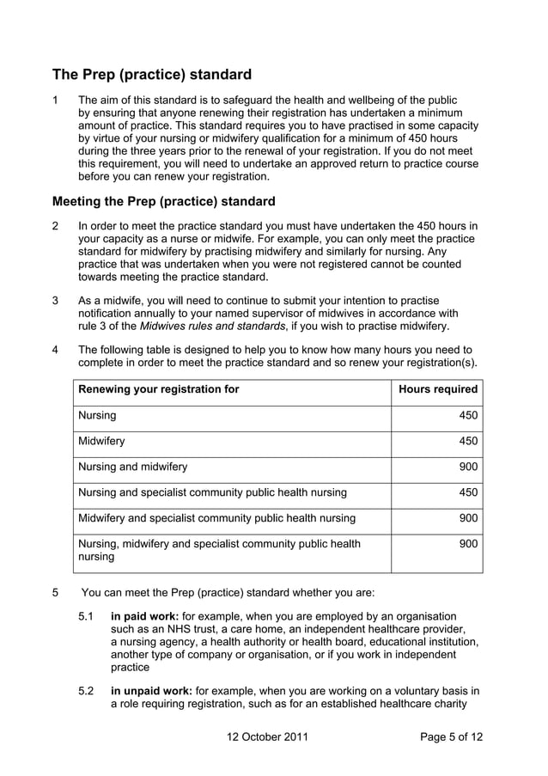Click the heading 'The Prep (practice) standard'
point(152,74)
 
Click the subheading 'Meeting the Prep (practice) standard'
point(164,202)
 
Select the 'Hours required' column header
point(438,389)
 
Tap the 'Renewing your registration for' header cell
point(159,389)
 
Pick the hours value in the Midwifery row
point(467,441)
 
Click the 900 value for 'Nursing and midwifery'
point(467,467)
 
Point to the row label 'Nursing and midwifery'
point(132,467)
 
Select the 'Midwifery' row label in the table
point(101,441)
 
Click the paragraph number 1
point(56,100)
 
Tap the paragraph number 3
point(56,301)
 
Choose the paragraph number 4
point(56,350)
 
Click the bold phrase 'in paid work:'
point(144,616)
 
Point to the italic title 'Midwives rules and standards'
point(216,327)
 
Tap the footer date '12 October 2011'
point(267,737)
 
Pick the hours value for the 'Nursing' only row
point(467,415)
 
